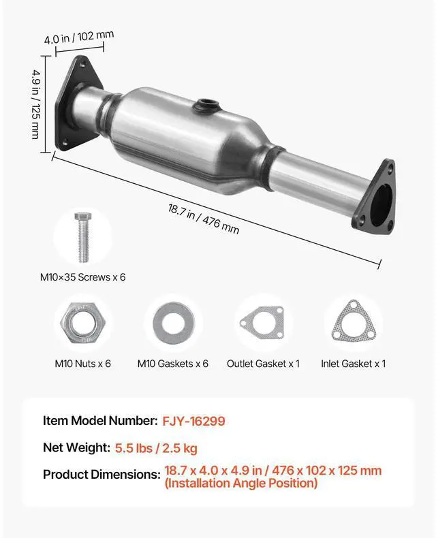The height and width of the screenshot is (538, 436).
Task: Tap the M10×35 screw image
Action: pyautogui.click(x=82, y=237)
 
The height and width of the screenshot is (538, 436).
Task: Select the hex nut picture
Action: pyautogui.click(x=82, y=323)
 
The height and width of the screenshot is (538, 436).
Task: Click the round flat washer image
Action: pyautogui.click(x=173, y=323)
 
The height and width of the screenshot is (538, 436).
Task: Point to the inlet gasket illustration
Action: pyautogui.click(x=353, y=321)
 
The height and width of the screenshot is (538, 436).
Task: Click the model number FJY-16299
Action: pyautogui.click(x=193, y=421)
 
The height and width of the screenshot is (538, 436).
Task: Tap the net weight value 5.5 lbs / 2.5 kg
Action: pyautogui.click(x=156, y=448)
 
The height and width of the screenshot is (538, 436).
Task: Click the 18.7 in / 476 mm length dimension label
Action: pyautogui.click(x=203, y=219)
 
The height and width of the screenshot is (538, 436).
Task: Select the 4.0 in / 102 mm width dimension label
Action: pyautogui.click(x=78, y=37)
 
